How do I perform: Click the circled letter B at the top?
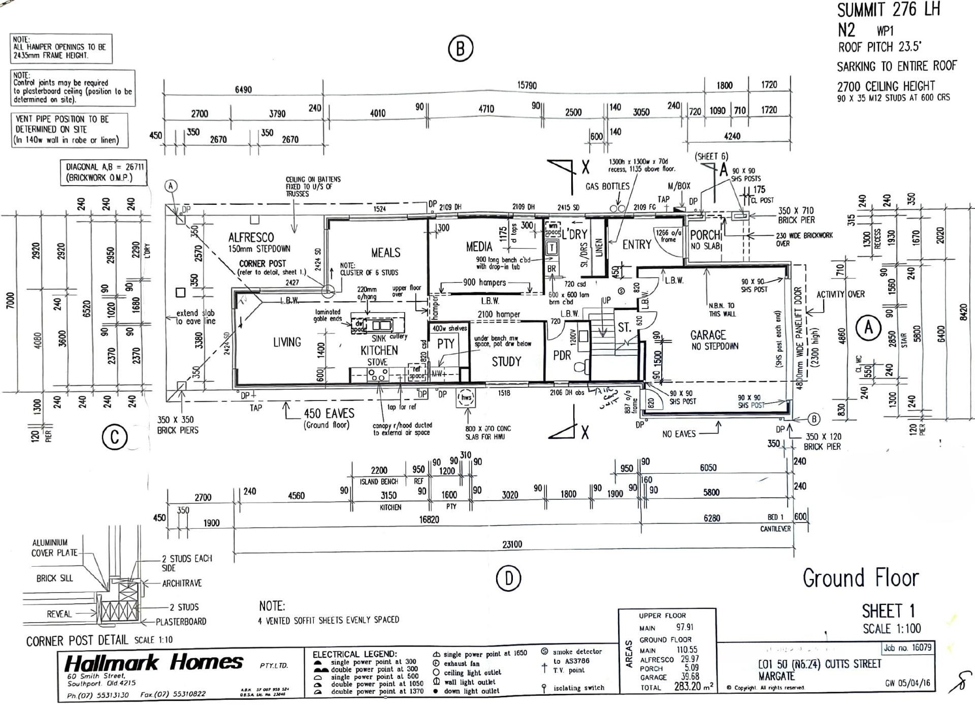coord(461,48)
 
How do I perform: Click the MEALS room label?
coord(385,253)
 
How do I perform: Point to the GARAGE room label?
coord(708,335)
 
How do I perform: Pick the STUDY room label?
coord(506,361)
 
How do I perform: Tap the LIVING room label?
coord(287,342)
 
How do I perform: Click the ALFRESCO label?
coord(251,237)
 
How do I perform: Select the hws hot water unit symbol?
coord(466,398)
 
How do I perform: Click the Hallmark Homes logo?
coord(154,662)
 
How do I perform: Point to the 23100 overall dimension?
coord(512,544)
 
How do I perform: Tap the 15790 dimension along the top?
coord(527,85)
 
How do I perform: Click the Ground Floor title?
coord(861,578)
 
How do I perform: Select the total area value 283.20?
coord(687,687)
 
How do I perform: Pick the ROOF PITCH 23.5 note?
coord(880,47)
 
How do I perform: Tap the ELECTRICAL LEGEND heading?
coord(354,655)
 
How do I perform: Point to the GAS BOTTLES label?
coord(607,187)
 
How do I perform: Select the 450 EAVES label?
coord(329,414)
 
